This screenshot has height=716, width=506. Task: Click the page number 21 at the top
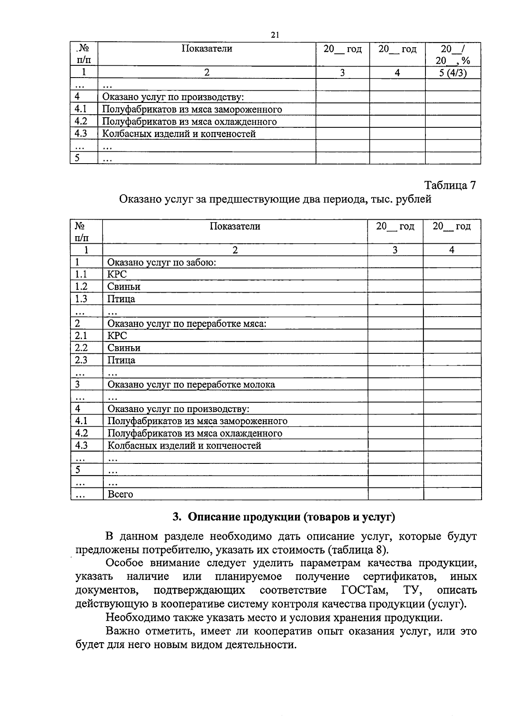[275, 35]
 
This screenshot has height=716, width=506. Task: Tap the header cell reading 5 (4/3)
[453, 73]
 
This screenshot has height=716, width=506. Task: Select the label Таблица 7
[450, 185]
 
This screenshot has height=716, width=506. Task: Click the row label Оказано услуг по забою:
[161, 262]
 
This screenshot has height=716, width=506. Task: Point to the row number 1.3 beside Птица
[81, 299]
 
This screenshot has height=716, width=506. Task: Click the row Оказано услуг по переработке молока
[191, 385]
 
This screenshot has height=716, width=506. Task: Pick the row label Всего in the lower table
[120, 494]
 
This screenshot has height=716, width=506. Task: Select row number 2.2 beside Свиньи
[81, 348]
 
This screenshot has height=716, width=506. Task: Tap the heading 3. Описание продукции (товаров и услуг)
[284, 517]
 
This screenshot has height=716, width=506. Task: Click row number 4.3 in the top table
[81, 134]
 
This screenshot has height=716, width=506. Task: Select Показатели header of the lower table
[235, 226]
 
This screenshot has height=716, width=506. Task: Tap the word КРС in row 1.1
[117, 275]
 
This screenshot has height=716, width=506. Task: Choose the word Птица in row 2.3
[121, 360]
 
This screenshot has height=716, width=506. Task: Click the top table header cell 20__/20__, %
[453, 54]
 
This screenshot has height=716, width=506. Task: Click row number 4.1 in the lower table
[81, 421]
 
